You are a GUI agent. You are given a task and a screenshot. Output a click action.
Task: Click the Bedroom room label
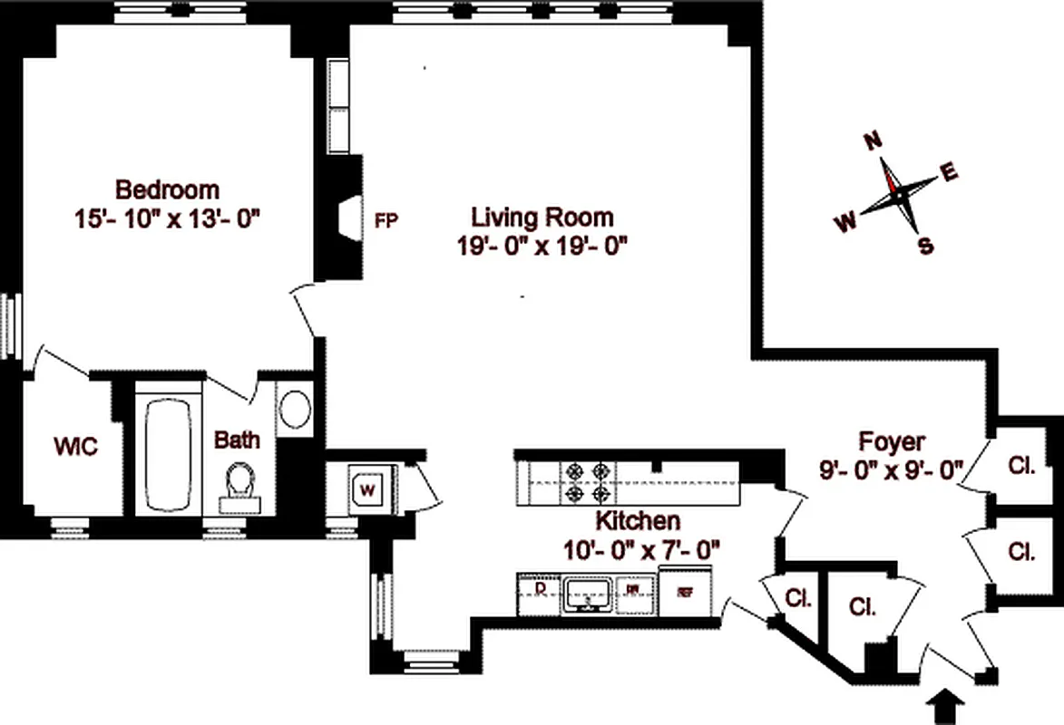[168, 190]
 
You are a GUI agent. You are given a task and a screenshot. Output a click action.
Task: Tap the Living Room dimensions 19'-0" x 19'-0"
[543, 245]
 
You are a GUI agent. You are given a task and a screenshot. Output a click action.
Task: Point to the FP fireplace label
[386, 220]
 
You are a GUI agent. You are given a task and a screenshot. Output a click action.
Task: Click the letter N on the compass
[873, 141]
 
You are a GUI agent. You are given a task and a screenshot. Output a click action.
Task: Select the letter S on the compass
[925, 246]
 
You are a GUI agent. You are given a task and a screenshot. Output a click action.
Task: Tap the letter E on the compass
[950, 173]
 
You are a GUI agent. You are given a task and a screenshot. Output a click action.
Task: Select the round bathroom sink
[294, 409]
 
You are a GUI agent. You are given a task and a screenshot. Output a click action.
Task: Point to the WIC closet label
[74, 446]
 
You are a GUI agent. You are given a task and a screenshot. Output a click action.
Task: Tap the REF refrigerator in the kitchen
[685, 591]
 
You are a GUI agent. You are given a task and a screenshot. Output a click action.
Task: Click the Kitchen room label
[637, 521]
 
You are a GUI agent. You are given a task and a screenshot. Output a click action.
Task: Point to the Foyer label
[893, 442]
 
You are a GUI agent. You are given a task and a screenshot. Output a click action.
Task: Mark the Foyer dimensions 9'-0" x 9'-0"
[892, 469]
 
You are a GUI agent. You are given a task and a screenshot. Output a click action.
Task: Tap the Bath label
[237, 440]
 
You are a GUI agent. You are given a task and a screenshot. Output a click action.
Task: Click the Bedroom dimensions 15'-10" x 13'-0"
[169, 218]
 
